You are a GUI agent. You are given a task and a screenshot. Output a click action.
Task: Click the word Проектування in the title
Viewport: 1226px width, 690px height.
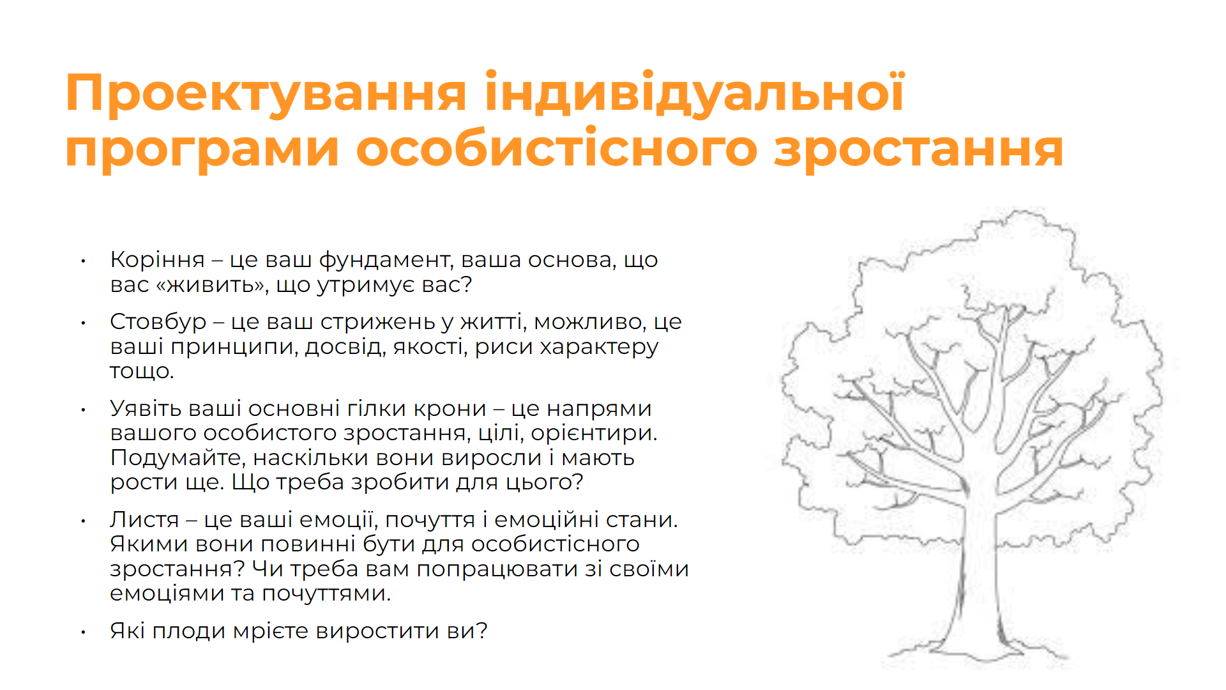click(x=266, y=94)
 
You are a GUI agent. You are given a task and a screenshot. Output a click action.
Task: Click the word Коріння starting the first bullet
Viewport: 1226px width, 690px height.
click(x=157, y=260)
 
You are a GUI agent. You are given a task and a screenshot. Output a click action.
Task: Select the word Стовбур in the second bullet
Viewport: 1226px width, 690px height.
click(x=158, y=322)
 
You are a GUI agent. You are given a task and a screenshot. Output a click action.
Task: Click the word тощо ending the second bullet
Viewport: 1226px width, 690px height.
click(x=141, y=372)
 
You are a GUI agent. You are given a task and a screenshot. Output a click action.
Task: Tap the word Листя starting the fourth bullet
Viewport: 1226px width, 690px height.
click(x=144, y=520)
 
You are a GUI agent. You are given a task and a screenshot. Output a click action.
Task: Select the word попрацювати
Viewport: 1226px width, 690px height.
click(x=498, y=569)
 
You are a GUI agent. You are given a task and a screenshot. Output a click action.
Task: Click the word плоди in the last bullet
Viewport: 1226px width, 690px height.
click(x=189, y=631)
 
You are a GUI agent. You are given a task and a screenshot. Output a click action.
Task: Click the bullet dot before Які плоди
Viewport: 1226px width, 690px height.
click(x=83, y=632)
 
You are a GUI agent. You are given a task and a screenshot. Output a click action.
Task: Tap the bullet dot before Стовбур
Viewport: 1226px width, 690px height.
click(x=83, y=323)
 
